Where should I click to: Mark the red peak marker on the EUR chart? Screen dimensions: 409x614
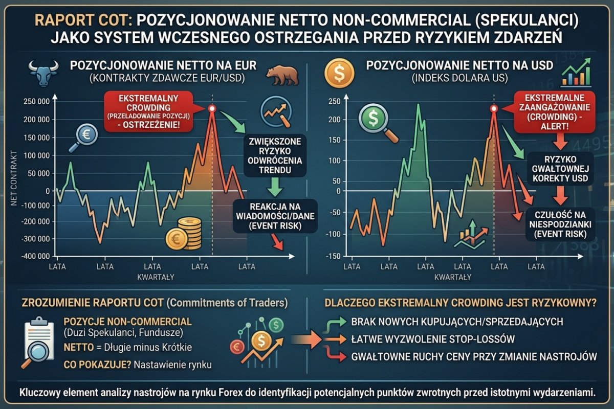click(212, 108)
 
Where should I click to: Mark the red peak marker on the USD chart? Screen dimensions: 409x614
click(493, 108)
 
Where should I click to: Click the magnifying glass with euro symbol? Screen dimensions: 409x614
click(83, 136)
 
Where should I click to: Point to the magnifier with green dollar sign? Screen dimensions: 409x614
click(377, 121)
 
